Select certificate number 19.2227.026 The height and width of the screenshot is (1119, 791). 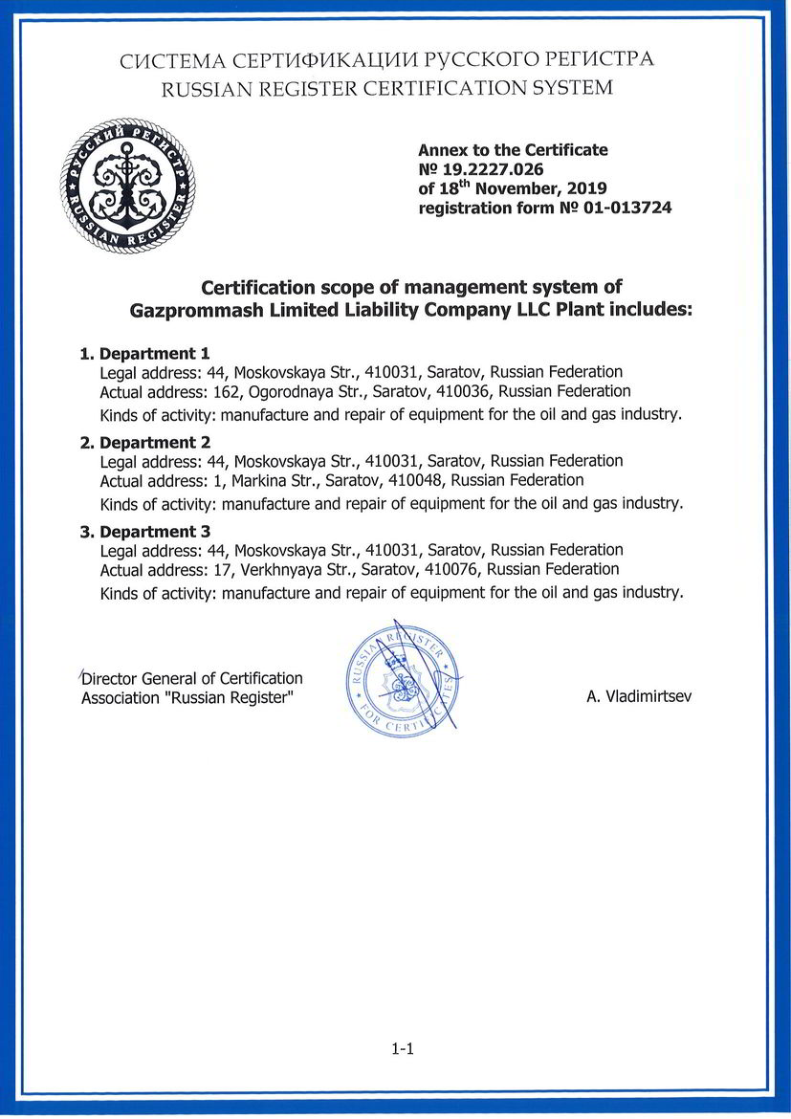(487, 169)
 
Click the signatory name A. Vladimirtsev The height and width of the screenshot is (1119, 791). (639, 697)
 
